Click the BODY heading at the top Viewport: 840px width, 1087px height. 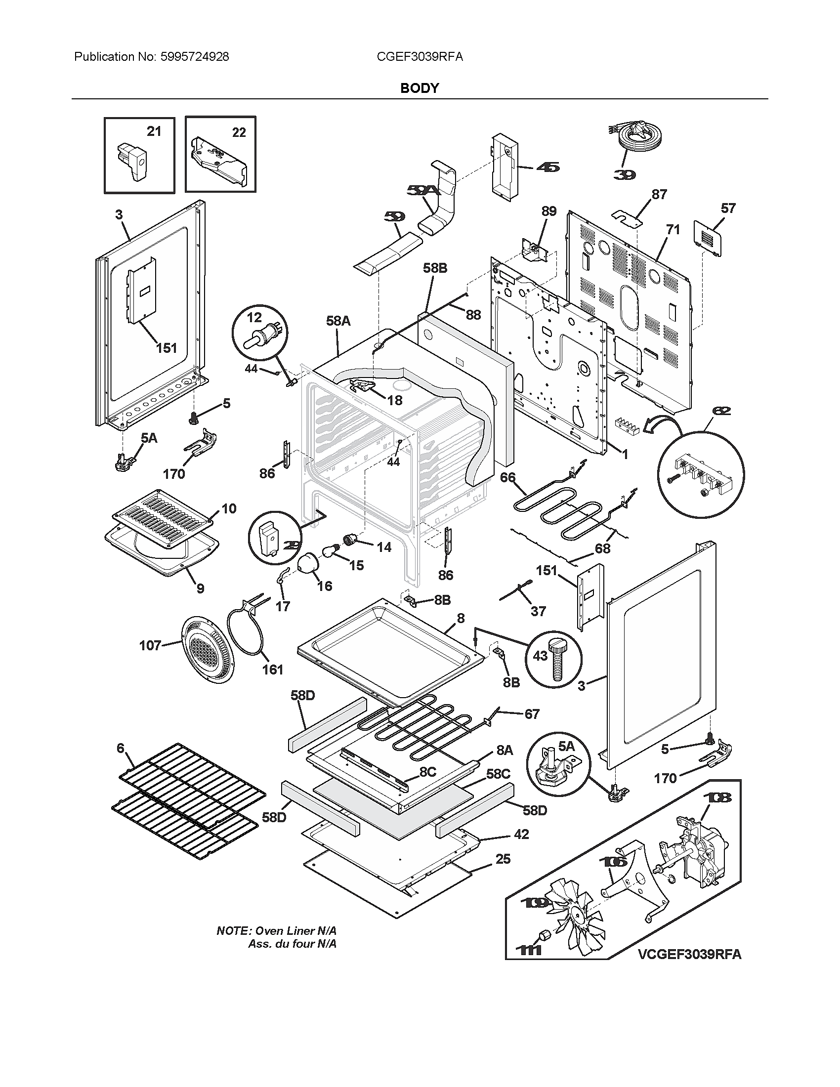[x=420, y=88]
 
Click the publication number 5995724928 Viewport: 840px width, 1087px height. [x=195, y=57]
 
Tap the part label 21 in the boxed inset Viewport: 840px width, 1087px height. [x=154, y=131]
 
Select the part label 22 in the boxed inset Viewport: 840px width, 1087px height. [x=239, y=132]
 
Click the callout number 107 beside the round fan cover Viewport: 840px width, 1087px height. [x=150, y=646]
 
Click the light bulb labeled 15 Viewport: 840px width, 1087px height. [x=330, y=550]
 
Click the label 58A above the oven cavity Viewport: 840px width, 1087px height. [x=338, y=321]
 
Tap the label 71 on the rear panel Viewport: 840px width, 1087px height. [x=672, y=230]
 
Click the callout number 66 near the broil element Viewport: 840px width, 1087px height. [x=507, y=477]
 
